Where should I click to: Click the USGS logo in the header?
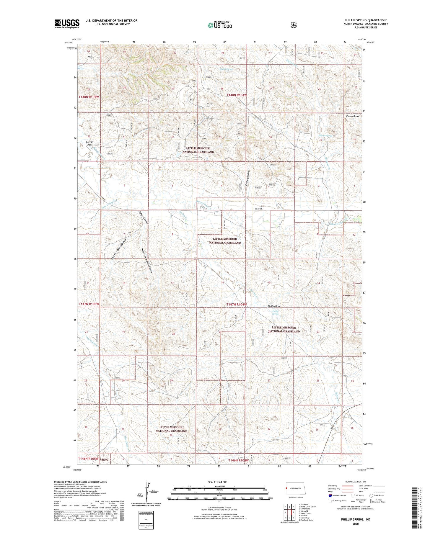click(x=67, y=24)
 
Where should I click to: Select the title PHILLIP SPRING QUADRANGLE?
click(x=366, y=20)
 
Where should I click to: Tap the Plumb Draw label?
click(x=352, y=116)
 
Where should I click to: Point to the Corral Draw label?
click(x=89, y=143)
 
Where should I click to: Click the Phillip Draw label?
click(x=274, y=306)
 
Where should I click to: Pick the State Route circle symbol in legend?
click(x=371, y=495)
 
